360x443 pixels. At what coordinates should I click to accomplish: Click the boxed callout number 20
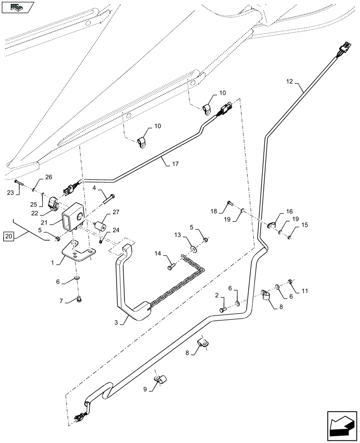tap(9, 237)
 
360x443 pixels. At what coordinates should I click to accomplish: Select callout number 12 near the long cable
tap(290, 82)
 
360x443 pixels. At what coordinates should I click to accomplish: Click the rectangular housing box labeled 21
tap(72, 218)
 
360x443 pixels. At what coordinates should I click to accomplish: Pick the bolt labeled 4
tap(109, 198)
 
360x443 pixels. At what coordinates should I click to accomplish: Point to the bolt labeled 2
tap(223, 309)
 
